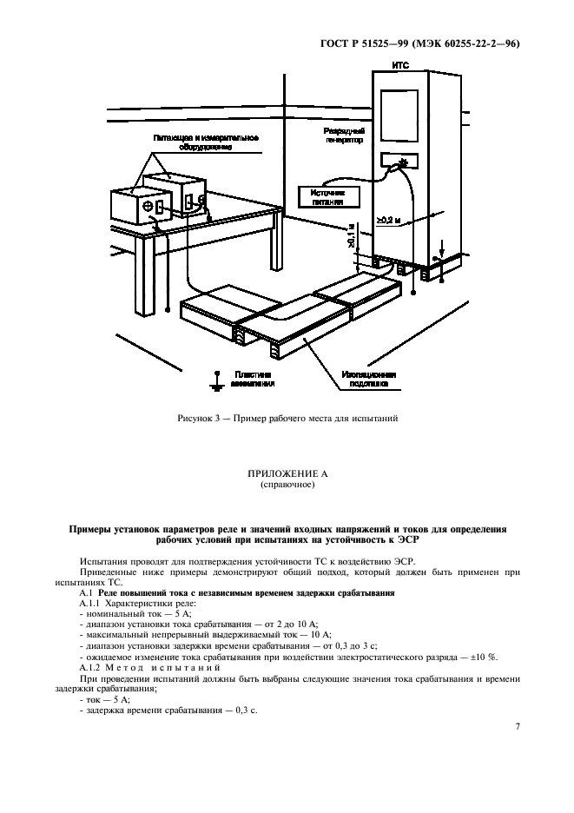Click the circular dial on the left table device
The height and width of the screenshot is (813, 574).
(x=148, y=206)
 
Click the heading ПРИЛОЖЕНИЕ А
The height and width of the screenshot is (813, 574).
(x=286, y=474)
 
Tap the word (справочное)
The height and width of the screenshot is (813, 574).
(x=287, y=486)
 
